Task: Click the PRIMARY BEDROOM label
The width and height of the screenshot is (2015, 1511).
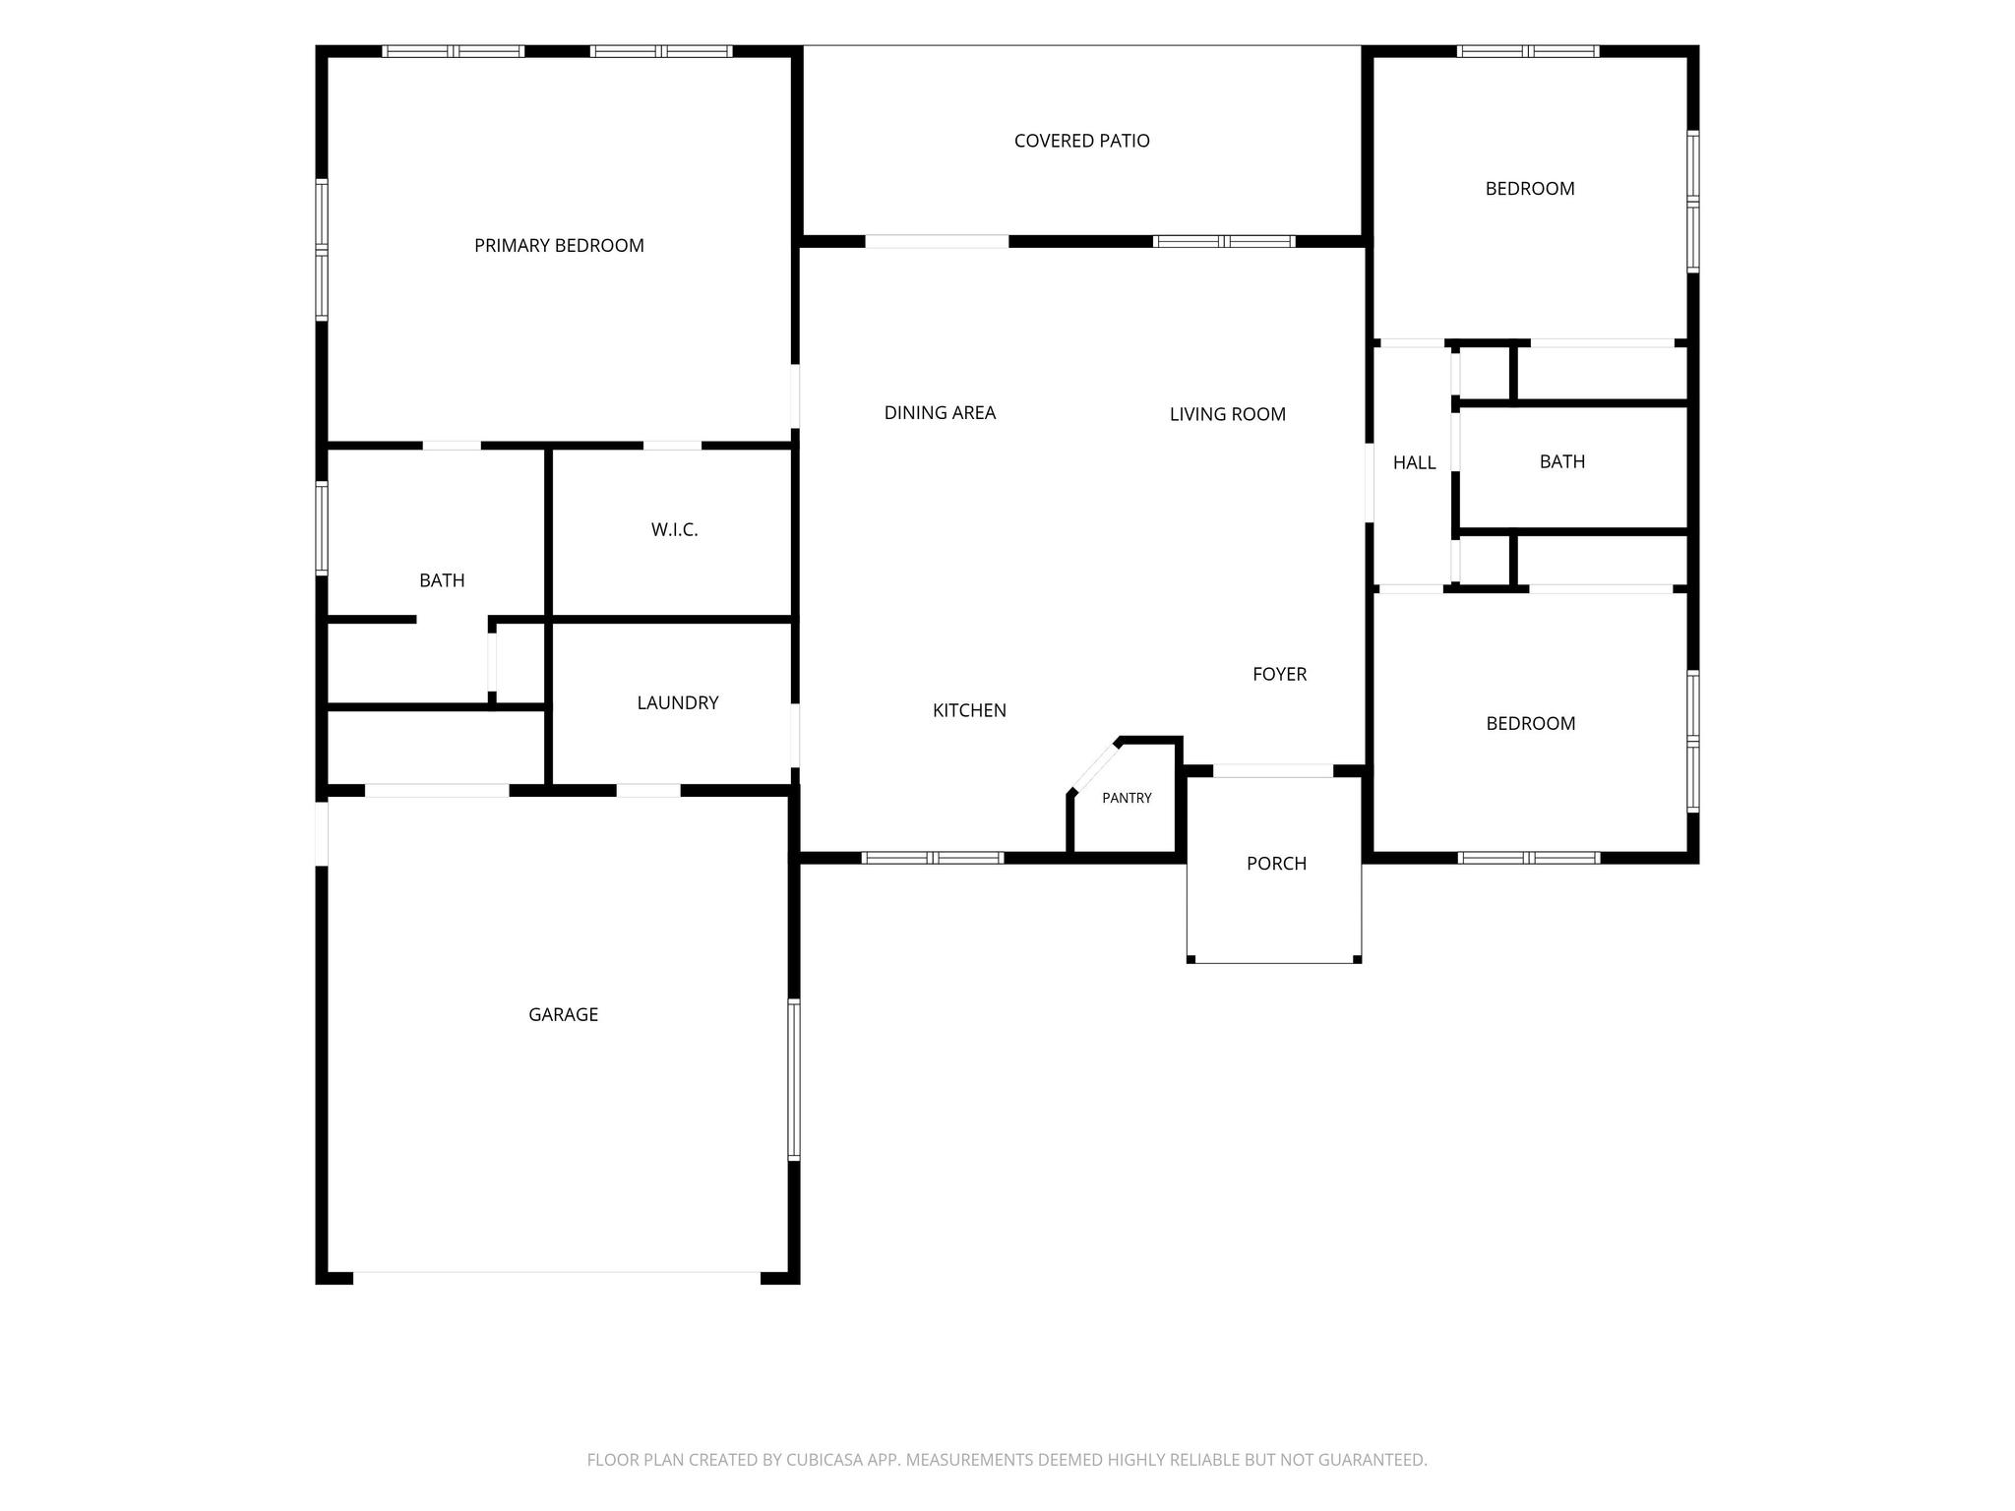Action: tap(559, 246)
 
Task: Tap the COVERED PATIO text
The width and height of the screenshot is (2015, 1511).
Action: tap(1081, 141)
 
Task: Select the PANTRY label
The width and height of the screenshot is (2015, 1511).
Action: tap(1127, 798)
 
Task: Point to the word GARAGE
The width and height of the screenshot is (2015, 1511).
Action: tap(563, 1014)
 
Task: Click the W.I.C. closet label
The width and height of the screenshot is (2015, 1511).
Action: tap(674, 529)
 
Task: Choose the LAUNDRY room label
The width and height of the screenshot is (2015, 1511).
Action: tap(677, 702)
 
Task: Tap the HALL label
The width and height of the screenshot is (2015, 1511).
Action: tap(1414, 462)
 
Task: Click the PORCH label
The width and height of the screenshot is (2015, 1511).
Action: tap(1276, 864)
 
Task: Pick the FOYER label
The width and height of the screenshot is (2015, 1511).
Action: tap(1279, 674)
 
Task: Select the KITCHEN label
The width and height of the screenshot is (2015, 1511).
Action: tap(969, 710)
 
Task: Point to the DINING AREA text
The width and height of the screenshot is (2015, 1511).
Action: tap(940, 413)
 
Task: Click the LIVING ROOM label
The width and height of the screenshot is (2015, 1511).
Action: tap(1227, 414)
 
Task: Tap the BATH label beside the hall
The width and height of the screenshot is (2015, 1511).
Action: tap(1561, 461)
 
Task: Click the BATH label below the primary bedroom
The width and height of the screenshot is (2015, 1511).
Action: tap(442, 580)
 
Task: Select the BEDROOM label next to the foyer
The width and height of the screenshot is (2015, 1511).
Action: tap(1530, 723)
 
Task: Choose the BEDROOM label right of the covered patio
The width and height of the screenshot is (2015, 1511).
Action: tap(1530, 189)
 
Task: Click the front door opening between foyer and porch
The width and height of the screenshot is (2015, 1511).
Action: tap(1273, 771)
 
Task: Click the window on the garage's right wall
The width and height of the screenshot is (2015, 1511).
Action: tap(794, 1079)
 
